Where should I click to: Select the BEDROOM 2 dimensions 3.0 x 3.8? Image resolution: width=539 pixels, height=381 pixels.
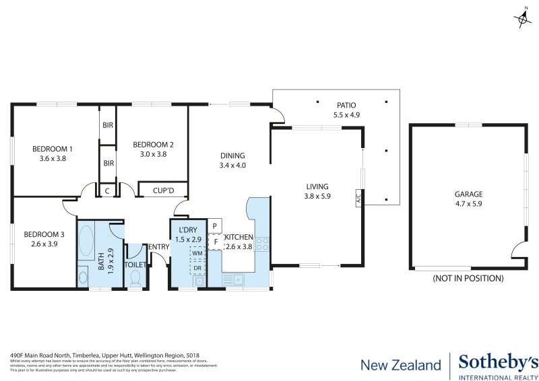tap(153, 154)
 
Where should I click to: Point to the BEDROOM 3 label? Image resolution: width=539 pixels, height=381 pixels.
tap(44, 234)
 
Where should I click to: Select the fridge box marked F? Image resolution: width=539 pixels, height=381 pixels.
tap(215, 242)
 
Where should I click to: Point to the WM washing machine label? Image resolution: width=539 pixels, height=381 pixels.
tap(197, 253)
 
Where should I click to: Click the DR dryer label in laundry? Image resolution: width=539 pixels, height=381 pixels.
tap(197, 268)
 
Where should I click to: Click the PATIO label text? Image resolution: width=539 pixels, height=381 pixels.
tap(346, 106)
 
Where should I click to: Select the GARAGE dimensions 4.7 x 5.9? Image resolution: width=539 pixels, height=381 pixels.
tap(468, 203)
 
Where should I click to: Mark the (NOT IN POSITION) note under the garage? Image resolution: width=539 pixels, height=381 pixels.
tap(468, 278)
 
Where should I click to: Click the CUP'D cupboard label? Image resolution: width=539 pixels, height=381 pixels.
tap(163, 191)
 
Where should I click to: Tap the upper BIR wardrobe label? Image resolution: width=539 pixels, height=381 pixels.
tap(108, 125)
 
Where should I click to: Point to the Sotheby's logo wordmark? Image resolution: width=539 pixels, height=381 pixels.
tap(498, 363)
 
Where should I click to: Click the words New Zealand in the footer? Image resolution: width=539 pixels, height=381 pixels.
tap(400, 365)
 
